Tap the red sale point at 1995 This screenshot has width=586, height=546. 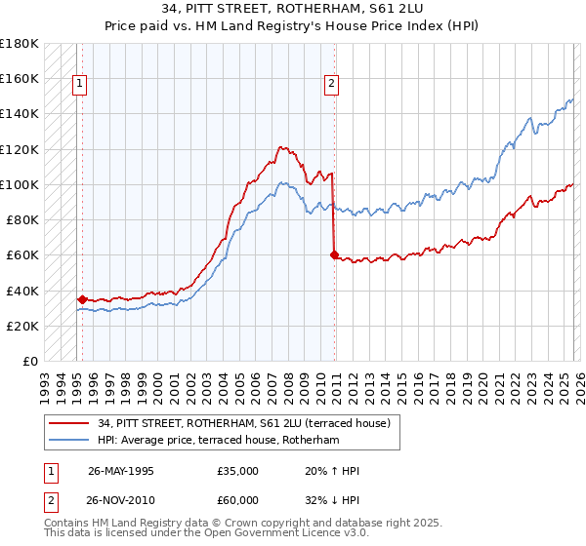pyautogui.click(x=83, y=299)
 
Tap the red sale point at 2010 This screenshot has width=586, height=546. pyautogui.click(x=334, y=255)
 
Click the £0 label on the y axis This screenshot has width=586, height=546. pyautogui.click(x=29, y=362)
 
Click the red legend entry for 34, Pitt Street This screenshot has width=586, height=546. pyautogui.click(x=244, y=423)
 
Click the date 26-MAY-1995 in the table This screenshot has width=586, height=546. pyautogui.click(x=121, y=471)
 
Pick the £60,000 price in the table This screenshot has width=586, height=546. pyautogui.click(x=238, y=500)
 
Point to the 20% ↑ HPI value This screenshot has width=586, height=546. pyautogui.click(x=331, y=471)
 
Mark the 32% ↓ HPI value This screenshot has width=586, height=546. pyautogui.click(x=331, y=500)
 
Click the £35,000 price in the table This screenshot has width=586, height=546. pyautogui.click(x=238, y=471)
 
